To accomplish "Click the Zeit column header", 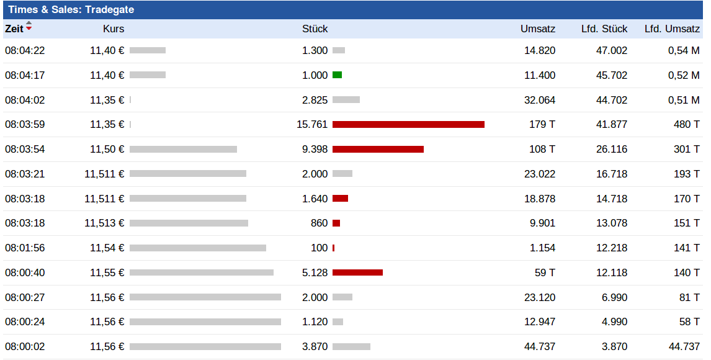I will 14,29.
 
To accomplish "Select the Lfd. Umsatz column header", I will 672,29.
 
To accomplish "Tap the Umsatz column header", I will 538,29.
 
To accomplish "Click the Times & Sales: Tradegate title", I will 71,10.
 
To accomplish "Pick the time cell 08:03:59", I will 25,124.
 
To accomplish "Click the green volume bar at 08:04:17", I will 337,75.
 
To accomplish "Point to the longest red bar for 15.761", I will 408,124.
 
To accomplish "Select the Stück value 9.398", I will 315,149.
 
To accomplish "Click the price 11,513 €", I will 104,223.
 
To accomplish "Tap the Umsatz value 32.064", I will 540,100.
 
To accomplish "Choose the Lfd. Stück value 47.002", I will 612,50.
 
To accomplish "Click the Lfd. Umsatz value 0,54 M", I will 684,50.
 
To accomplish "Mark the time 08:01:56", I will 25,248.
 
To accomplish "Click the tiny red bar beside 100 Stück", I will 334,248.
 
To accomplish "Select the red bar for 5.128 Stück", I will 357,272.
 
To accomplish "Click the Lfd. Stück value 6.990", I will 614,297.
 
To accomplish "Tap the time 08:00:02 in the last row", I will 25,346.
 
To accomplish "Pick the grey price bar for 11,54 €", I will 198,248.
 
